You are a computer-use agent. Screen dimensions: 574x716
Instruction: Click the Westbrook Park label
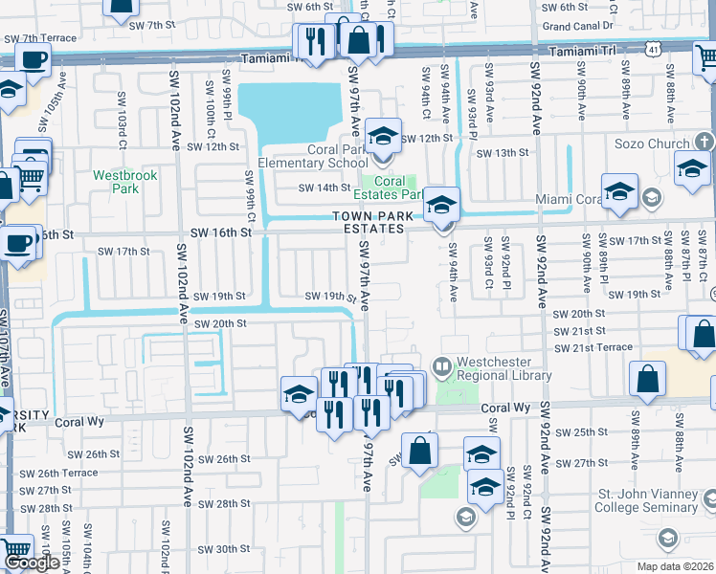pyautogui.click(x=116, y=182)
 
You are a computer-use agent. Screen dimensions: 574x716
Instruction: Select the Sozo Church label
pyautogui.click(x=654, y=143)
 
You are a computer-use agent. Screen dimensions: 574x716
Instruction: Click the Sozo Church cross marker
pyautogui.click(x=704, y=143)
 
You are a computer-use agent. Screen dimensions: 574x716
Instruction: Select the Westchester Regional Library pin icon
pyautogui.click(x=441, y=364)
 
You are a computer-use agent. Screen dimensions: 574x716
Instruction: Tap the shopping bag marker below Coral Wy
pyautogui.click(x=419, y=449)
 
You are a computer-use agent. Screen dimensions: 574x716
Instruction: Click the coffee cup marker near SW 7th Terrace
pyautogui.click(x=33, y=59)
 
